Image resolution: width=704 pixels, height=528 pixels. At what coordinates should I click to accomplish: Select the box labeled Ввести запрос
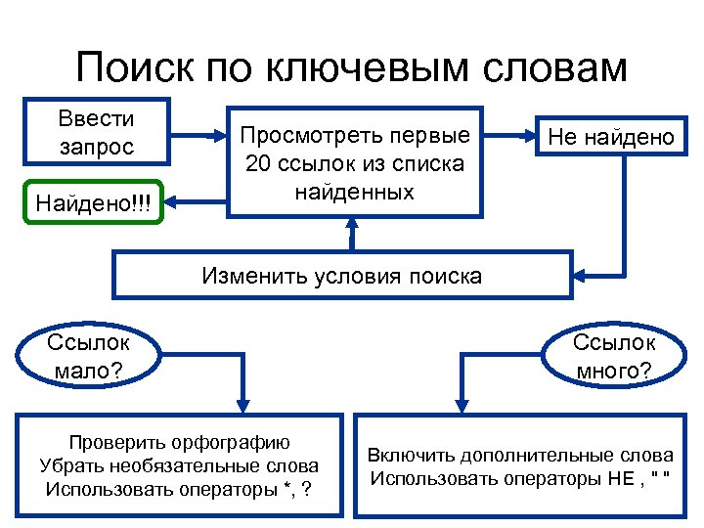click(x=97, y=133)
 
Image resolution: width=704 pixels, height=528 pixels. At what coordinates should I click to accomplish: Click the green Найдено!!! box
click(x=95, y=202)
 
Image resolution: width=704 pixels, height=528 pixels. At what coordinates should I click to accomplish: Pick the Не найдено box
click(x=611, y=137)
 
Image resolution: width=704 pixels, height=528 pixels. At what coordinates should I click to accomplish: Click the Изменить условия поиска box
click(x=341, y=275)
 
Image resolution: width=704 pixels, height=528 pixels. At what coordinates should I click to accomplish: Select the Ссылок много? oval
click(x=614, y=357)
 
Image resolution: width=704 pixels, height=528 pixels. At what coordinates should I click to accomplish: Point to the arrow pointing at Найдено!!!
click(x=197, y=202)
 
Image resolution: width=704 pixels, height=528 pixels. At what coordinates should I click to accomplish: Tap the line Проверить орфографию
click(x=179, y=441)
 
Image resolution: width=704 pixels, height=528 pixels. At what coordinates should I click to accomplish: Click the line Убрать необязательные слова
click(x=179, y=464)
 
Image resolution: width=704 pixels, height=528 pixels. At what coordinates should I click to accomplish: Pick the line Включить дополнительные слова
click(x=520, y=455)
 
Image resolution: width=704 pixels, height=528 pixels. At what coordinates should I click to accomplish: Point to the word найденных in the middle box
click(x=354, y=192)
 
